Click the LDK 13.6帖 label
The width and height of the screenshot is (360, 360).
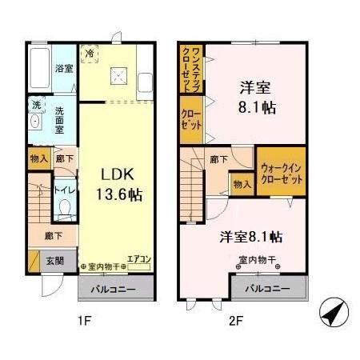(121, 183)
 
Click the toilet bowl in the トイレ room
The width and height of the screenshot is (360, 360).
(65, 211)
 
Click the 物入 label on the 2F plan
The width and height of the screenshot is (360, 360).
(242, 184)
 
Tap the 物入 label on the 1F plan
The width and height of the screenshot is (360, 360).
(38, 158)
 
